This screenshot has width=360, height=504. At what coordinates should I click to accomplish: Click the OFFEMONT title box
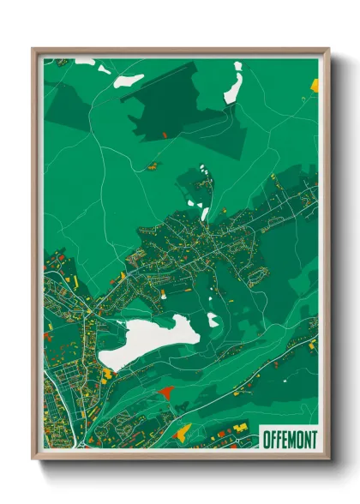pos(287,437)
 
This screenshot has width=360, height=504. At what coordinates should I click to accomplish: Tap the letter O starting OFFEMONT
pos(264,438)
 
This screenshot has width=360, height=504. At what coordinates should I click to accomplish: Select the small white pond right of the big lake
pos(213,321)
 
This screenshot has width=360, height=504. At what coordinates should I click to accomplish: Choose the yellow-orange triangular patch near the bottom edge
pos(182,431)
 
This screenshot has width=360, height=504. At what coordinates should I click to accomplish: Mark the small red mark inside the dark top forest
pos(165,135)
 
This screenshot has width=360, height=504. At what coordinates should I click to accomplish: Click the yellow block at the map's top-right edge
pos(314,85)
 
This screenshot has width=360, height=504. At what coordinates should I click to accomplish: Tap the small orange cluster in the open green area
pos(153,164)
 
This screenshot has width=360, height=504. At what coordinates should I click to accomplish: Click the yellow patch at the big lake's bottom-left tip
pos(108,374)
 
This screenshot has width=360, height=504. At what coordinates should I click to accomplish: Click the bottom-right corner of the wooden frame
pos(327,458)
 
